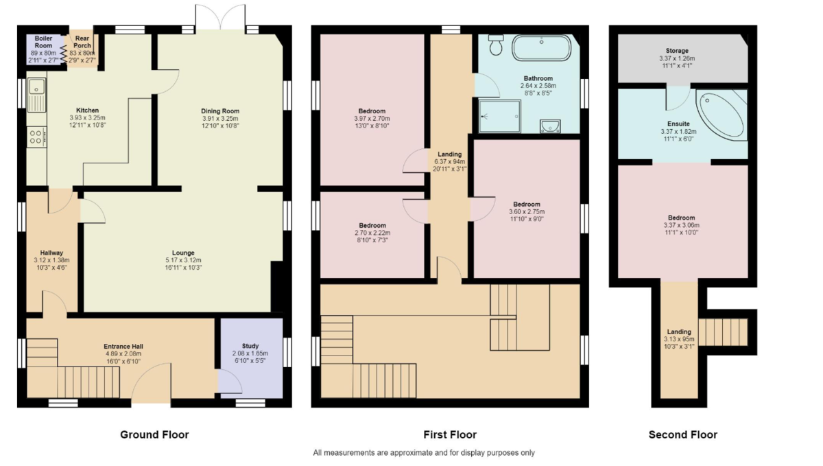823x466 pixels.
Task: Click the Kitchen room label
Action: coord(87,110)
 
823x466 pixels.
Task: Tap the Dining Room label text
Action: coord(219,111)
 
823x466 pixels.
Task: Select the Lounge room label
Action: coord(183,253)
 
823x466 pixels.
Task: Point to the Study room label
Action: coord(250,346)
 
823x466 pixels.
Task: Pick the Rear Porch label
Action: coord(82,43)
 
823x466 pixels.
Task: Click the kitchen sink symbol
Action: coord(36,93)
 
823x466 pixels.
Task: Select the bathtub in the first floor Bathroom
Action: coord(542,49)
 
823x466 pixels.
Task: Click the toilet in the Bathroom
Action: coord(497,45)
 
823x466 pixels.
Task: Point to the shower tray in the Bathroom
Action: coord(500,116)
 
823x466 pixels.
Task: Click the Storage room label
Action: coord(676,51)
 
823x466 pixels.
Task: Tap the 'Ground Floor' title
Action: coord(154,434)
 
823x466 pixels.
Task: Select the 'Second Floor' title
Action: coord(682,434)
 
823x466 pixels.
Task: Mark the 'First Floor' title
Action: coord(450,434)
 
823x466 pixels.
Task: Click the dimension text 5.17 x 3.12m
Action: coord(183,261)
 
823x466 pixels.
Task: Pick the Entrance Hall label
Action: coord(123,347)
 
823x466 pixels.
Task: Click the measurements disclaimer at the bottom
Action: coord(424,453)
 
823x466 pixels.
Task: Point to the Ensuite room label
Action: coord(678,124)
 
